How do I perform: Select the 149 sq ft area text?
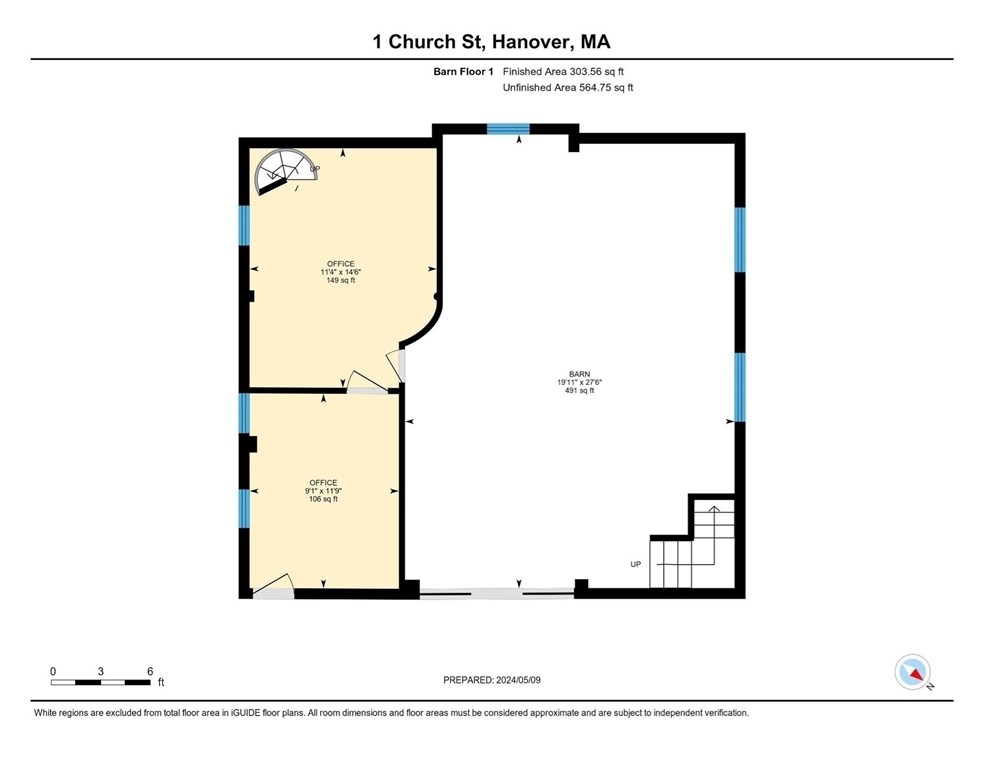340,281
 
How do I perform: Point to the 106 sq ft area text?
323,499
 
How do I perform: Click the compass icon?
913,672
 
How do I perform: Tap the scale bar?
100,682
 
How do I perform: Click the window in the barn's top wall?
508,128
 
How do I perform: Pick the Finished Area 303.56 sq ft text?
568,72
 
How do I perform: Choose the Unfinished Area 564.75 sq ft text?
568,88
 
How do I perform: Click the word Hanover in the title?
526,42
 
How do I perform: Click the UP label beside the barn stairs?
635,564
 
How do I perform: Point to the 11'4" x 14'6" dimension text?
340,272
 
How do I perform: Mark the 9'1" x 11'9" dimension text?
323,491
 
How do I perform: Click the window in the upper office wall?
244,225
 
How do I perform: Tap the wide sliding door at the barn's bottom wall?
496,594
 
